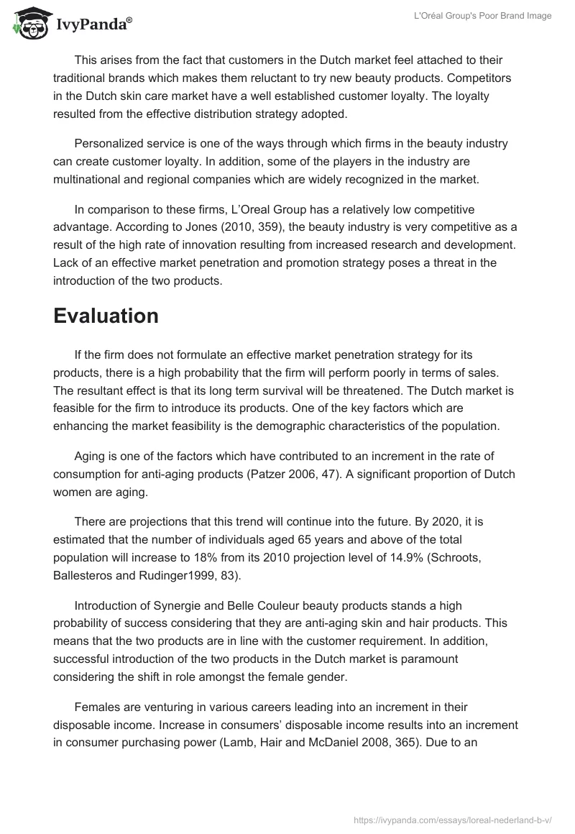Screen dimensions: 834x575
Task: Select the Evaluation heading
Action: [106, 316]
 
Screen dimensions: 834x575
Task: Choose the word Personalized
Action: [109, 143]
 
